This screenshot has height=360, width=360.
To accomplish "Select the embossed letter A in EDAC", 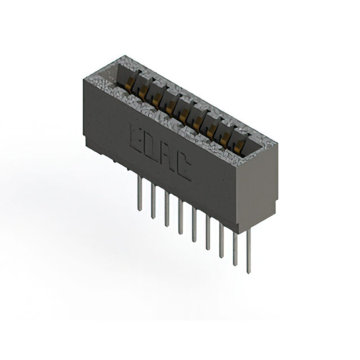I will point(167,157).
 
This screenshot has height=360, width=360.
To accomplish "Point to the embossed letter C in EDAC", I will point(183,167).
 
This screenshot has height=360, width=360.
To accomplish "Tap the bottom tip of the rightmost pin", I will point(248,272).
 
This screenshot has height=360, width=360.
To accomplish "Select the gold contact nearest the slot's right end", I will point(240,147).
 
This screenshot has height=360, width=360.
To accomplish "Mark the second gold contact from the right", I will point(226,139).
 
